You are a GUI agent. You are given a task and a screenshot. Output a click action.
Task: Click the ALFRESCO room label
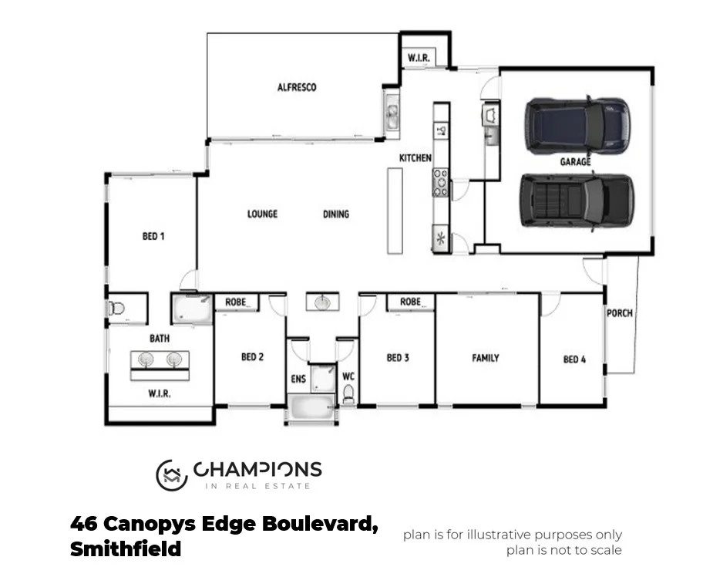click(x=297, y=87)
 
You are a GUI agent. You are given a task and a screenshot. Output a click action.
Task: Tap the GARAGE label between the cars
click(x=575, y=162)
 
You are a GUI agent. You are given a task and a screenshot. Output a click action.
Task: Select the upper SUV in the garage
click(x=575, y=124)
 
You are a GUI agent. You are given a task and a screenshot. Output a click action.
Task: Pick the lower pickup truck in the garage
click(x=577, y=201)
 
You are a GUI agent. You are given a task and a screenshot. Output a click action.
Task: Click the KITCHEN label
click(x=415, y=158)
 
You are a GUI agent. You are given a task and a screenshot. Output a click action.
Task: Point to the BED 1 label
click(x=153, y=237)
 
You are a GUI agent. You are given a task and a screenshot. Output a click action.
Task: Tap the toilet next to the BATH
click(x=117, y=309)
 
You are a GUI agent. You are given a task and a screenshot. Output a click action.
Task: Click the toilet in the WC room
click(x=348, y=395)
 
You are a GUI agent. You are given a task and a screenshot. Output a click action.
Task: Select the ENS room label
click(x=298, y=379)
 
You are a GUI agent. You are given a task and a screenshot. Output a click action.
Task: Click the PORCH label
click(x=620, y=313)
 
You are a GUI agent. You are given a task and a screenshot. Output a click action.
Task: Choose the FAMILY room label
click(x=486, y=358)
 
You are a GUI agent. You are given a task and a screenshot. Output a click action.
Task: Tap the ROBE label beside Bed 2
click(x=236, y=302)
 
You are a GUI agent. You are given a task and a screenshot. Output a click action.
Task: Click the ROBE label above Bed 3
click(x=410, y=302)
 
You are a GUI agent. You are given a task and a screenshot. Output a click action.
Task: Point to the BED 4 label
click(x=575, y=359)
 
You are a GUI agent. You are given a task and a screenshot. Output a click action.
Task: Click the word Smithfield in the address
click(x=126, y=549)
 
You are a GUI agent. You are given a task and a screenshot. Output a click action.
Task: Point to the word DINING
click(x=335, y=214)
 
